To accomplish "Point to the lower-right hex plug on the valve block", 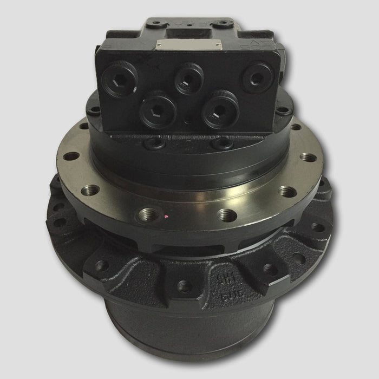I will (x=220, y=109).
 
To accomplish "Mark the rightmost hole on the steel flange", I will (x=308, y=157).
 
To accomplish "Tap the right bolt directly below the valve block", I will (x=222, y=144).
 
